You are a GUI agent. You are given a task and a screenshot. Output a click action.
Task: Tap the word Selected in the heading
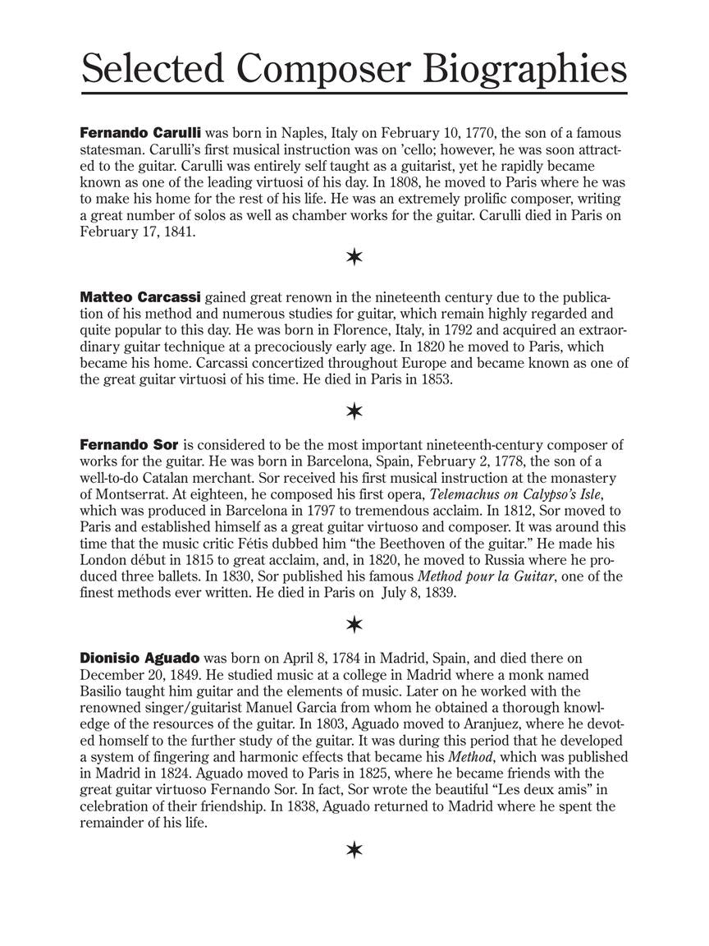point(153,69)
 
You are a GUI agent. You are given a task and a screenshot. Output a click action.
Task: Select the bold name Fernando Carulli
point(140,132)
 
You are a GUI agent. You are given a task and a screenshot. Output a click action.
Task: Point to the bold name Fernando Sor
point(129,445)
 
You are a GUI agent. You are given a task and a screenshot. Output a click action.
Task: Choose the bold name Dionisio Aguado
point(140,658)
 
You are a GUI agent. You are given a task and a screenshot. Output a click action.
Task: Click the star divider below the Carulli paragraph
point(354,258)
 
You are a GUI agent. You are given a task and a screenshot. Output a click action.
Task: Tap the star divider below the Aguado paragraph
point(354,849)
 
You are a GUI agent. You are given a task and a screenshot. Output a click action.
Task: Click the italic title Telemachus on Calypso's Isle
point(521,494)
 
